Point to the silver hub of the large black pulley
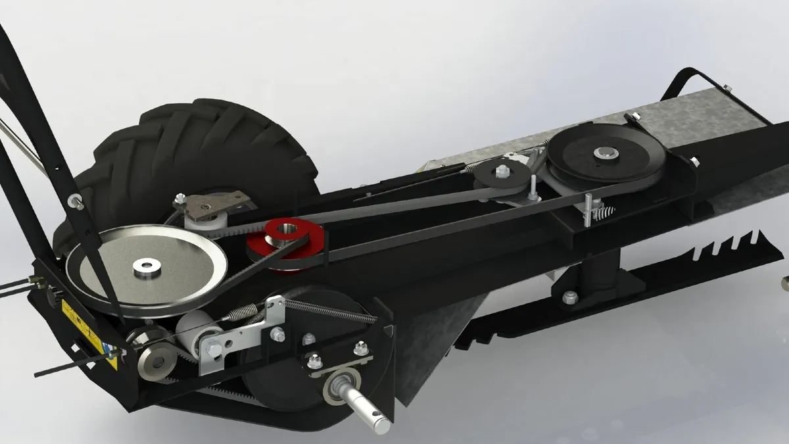point(604,154)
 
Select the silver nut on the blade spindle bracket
point(570,297)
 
